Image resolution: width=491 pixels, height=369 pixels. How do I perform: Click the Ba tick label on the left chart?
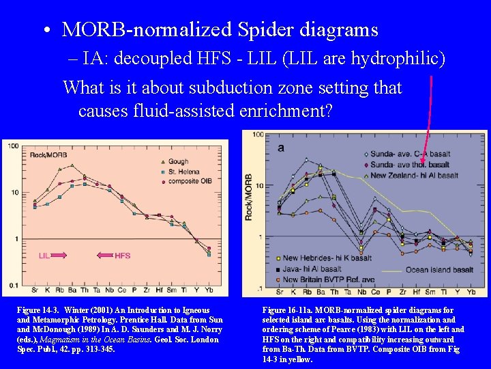(72, 291)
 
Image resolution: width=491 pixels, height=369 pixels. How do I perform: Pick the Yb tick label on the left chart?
(209, 291)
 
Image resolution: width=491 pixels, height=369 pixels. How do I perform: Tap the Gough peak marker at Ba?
(72, 174)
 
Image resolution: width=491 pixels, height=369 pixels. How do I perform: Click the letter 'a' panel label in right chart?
(280, 147)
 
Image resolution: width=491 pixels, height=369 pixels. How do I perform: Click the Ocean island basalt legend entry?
(436, 270)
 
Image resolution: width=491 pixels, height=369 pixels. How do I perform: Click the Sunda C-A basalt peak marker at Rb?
(307, 160)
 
